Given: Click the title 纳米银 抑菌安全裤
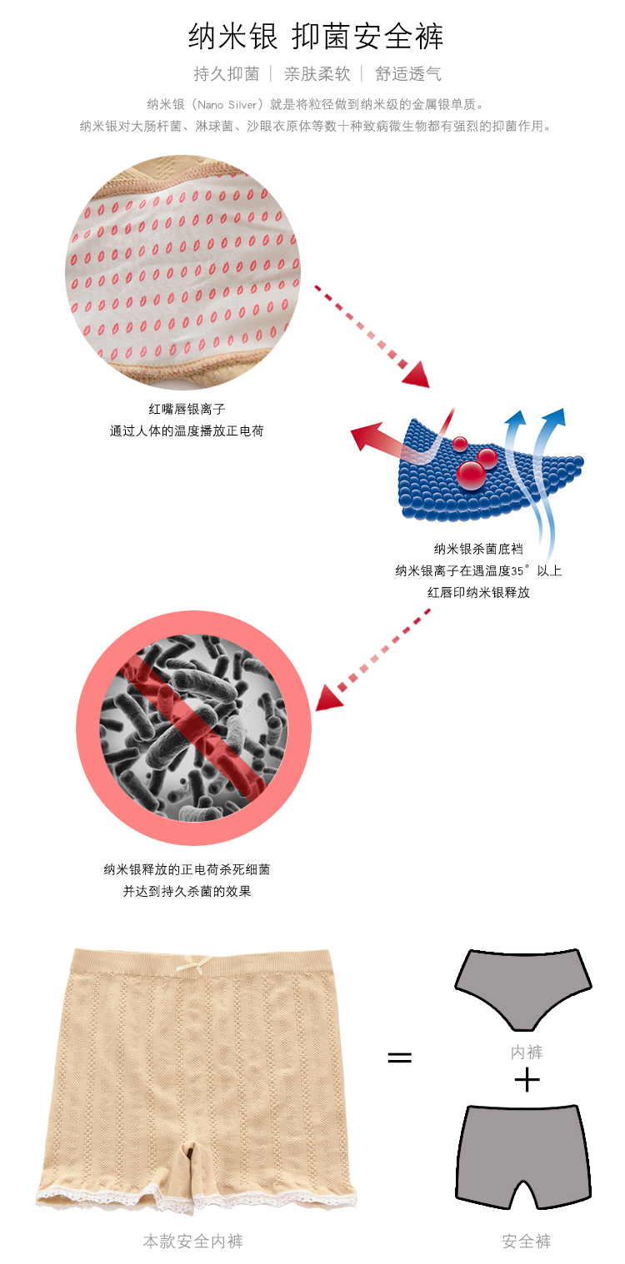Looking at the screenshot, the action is coord(316,37).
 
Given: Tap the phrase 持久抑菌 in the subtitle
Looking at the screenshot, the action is coord(226,74).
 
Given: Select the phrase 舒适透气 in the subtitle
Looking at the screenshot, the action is coord(408,74).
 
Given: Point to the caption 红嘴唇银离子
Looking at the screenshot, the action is coord(187,409).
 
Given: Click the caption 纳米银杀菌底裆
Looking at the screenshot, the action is coord(478,549).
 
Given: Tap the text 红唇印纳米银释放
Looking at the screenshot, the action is coord(478,592).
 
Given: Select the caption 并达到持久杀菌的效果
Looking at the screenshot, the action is coord(187,891).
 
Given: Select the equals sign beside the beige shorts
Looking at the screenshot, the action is coord(400,1057).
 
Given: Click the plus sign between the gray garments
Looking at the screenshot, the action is coord(527,1081).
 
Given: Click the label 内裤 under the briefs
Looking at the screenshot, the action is coord(527,1053).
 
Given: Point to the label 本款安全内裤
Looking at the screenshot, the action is coord(192,1241).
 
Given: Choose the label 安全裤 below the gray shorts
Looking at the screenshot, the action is coord(527,1241).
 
